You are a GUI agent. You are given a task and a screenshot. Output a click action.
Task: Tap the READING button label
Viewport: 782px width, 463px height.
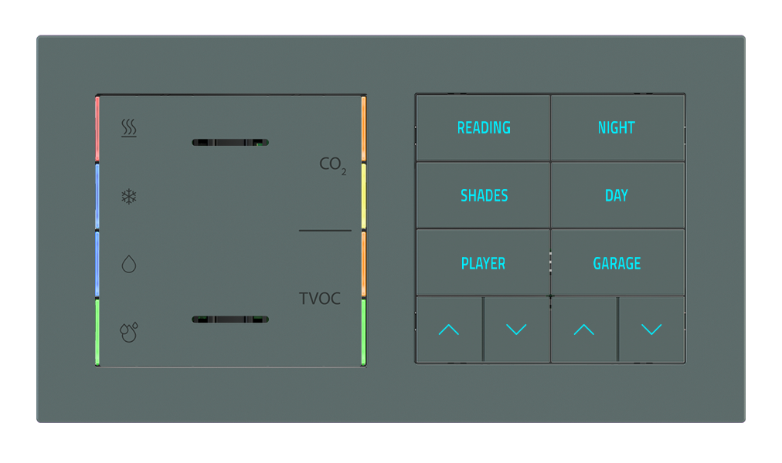tap(484, 128)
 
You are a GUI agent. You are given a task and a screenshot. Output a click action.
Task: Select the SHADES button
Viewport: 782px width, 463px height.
tap(484, 196)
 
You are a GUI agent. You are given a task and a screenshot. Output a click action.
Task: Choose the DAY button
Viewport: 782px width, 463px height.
tap(617, 196)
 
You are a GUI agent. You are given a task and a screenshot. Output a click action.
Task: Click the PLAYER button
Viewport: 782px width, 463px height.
tap(483, 264)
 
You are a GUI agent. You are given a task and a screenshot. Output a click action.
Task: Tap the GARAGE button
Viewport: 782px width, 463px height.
tap(617, 264)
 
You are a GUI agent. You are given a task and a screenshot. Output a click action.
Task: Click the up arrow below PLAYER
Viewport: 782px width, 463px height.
tap(449, 330)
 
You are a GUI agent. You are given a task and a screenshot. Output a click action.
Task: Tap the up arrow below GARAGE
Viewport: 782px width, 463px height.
tap(583, 330)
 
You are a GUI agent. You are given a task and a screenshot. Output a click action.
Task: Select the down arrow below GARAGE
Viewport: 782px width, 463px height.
tap(651, 330)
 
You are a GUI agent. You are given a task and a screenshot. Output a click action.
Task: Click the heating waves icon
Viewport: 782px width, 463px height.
tap(129, 128)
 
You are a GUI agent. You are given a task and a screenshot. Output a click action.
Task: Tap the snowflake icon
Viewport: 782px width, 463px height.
tap(129, 197)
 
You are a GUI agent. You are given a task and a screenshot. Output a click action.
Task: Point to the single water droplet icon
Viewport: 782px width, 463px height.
tap(129, 265)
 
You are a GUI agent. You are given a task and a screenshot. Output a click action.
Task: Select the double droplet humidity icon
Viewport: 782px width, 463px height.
tap(129, 332)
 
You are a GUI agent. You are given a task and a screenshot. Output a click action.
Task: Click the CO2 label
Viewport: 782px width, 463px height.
tap(332, 165)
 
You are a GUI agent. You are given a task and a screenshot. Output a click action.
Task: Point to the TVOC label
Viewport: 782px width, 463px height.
tap(320, 299)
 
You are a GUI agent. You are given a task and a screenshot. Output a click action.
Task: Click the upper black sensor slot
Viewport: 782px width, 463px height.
tap(230, 143)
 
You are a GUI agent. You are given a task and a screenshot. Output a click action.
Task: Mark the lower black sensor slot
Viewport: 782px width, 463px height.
tap(230, 319)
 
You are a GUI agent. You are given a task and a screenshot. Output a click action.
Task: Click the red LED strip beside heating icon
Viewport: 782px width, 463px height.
tap(97, 130)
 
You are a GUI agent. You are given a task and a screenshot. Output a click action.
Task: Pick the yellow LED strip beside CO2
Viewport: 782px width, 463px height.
tap(363, 197)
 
